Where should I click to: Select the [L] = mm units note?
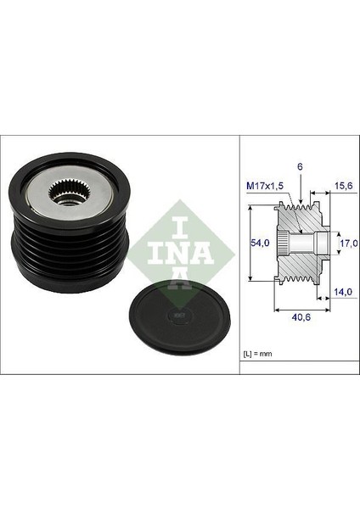[x=259, y=350]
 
